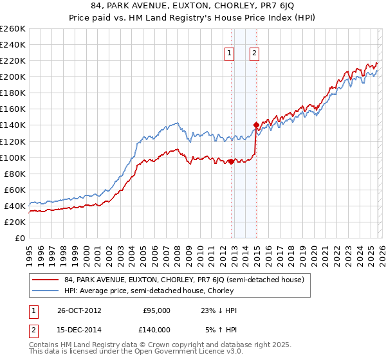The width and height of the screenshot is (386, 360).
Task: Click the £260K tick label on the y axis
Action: (x=13, y=29)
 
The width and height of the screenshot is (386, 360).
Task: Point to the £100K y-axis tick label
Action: (x=13, y=157)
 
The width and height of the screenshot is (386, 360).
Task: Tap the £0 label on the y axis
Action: (x=19, y=238)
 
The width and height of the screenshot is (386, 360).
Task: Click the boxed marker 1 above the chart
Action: (x=230, y=54)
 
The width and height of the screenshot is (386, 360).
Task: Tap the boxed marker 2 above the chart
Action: (x=255, y=54)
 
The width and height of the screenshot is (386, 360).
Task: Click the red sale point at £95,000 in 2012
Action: (x=231, y=161)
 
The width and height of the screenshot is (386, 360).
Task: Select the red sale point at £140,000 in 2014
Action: (x=256, y=125)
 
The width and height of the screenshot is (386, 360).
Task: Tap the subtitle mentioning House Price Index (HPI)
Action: (x=193, y=19)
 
